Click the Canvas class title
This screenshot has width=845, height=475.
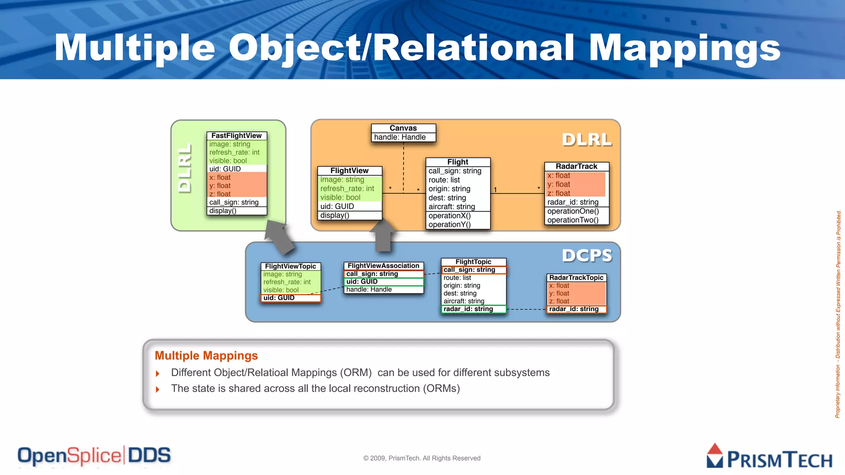pyautogui.click(x=403, y=128)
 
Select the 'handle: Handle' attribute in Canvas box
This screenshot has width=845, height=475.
pyautogui.click(x=400, y=137)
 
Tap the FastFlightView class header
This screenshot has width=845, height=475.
pyautogui.click(x=236, y=136)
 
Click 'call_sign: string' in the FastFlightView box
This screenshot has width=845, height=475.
pyautogui.click(x=234, y=202)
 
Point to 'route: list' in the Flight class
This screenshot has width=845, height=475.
pyautogui.click(x=444, y=180)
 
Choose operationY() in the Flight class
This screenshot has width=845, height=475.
pyautogui.click(x=449, y=225)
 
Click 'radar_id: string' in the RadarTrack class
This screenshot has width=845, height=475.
pyautogui.click(x=573, y=202)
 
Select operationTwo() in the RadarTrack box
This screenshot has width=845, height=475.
pyautogui.click(x=573, y=220)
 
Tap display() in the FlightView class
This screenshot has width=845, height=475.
pyautogui.click(x=335, y=215)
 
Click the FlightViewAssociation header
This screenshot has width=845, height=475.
pyautogui.click(x=383, y=266)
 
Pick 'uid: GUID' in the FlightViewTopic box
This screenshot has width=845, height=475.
pyautogui.click(x=279, y=298)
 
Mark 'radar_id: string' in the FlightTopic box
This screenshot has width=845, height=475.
pyautogui.click(x=468, y=309)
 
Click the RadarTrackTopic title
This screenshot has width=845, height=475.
pyautogui.click(x=576, y=278)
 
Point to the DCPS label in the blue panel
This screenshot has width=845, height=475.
pyautogui.click(x=587, y=256)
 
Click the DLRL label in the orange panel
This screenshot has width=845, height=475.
pyautogui.click(x=587, y=140)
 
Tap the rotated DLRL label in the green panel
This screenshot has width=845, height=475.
pyautogui.click(x=185, y=168)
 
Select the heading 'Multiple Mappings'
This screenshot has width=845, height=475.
pyautogui.click(x=206, y=355)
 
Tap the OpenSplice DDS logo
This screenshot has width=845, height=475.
pyautogui.click(x=94, y=456)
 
